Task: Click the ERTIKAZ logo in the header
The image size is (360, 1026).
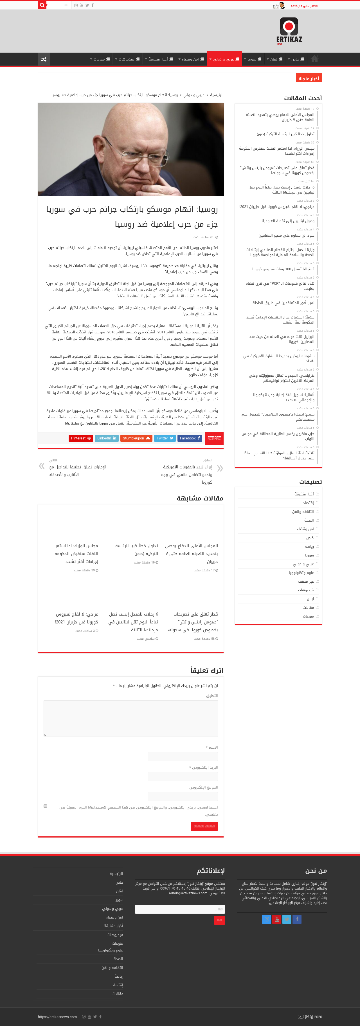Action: point(289,31)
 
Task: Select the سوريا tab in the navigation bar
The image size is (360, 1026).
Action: point(252,59)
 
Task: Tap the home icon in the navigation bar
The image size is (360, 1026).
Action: point(314,59)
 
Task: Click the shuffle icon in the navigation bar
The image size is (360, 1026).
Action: point(44,59)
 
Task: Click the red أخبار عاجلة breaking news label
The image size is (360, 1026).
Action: point(309,78)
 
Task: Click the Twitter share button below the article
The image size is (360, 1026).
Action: point(165,438)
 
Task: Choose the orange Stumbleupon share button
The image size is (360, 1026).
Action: point(136,438)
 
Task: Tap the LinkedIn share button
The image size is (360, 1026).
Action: point(106,438)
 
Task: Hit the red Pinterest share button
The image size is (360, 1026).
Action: point(81,438)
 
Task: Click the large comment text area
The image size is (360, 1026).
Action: point(130,719)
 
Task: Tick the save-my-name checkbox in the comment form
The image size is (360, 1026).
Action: point(45,806)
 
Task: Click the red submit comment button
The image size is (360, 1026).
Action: point(204,826)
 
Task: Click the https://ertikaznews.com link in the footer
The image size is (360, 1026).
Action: point(57,1017)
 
